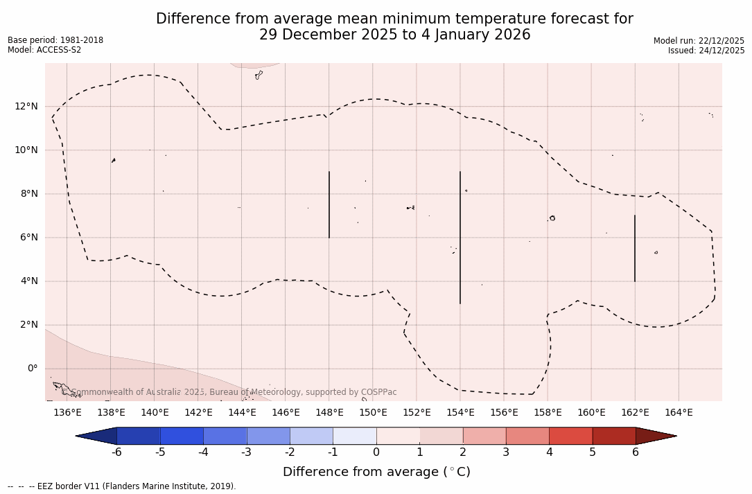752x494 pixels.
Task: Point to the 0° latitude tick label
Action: (32, 369)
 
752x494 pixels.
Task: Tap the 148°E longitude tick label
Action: (329, 413)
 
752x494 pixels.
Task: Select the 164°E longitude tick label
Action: (679, 413)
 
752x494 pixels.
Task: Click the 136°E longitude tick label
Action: (67, 413)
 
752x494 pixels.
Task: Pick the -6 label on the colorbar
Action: (117, 452)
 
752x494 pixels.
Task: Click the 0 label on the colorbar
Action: (376, 452)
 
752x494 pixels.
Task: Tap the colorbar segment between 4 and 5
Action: (570, 436)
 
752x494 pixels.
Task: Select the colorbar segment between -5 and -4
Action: (182, 436)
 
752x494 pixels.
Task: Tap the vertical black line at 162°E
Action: (635, 248)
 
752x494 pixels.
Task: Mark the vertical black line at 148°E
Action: (329, 204)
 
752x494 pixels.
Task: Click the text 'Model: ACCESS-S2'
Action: (44, 50)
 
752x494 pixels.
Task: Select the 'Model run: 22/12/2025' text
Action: (699, 41)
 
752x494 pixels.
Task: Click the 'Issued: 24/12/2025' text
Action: (706, 51)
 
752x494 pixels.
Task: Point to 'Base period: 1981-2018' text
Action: (55, 40)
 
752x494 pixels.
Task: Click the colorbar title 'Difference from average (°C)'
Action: (376, 472)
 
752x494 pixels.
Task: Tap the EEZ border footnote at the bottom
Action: (122, 486)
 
